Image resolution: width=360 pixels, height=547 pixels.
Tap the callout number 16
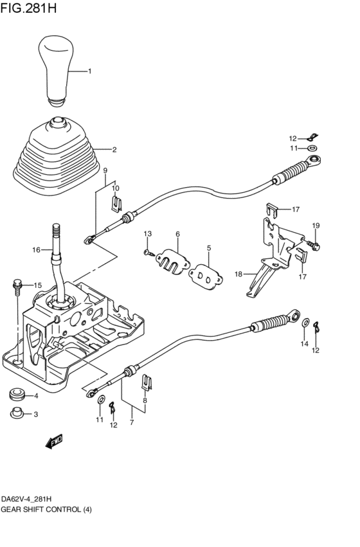pyautogui.click(x=37, y=249)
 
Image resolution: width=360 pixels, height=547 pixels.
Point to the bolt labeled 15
pyautogui.click(x=17, y=286)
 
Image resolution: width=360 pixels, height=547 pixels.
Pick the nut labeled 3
pyautogui.click(x=17, y=414)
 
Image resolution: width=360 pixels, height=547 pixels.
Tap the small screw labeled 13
pyautogui.click(x=148, y=254)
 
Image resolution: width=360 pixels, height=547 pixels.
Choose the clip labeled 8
pyautogui.click(x=146, y=384)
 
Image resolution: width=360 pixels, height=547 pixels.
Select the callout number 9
pyautogui.click(x=105, y=171)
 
